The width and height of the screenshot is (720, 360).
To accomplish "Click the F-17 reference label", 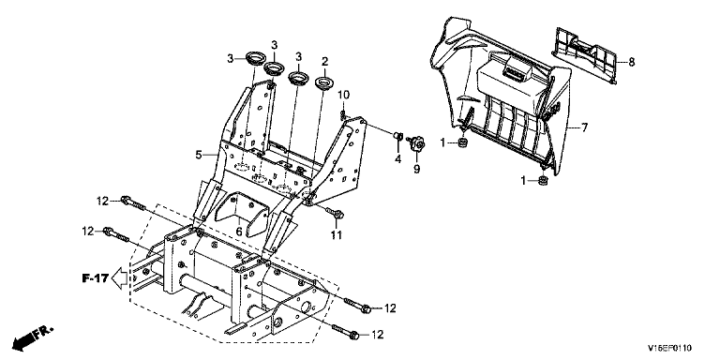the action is [95, 278].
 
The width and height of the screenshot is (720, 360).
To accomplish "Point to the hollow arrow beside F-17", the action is [120, 278].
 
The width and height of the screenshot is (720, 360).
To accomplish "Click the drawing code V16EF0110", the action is [669, 348].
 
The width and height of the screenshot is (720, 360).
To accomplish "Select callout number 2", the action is [324, 61].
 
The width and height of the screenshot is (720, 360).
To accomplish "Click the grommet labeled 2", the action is [324, 84].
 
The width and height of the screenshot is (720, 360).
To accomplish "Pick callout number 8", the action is [631, 62].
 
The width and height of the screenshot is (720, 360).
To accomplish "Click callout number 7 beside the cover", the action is [584, 127].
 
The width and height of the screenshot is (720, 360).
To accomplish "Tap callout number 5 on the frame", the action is [199, 156].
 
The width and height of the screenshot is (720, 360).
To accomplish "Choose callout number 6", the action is [239, 232].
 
